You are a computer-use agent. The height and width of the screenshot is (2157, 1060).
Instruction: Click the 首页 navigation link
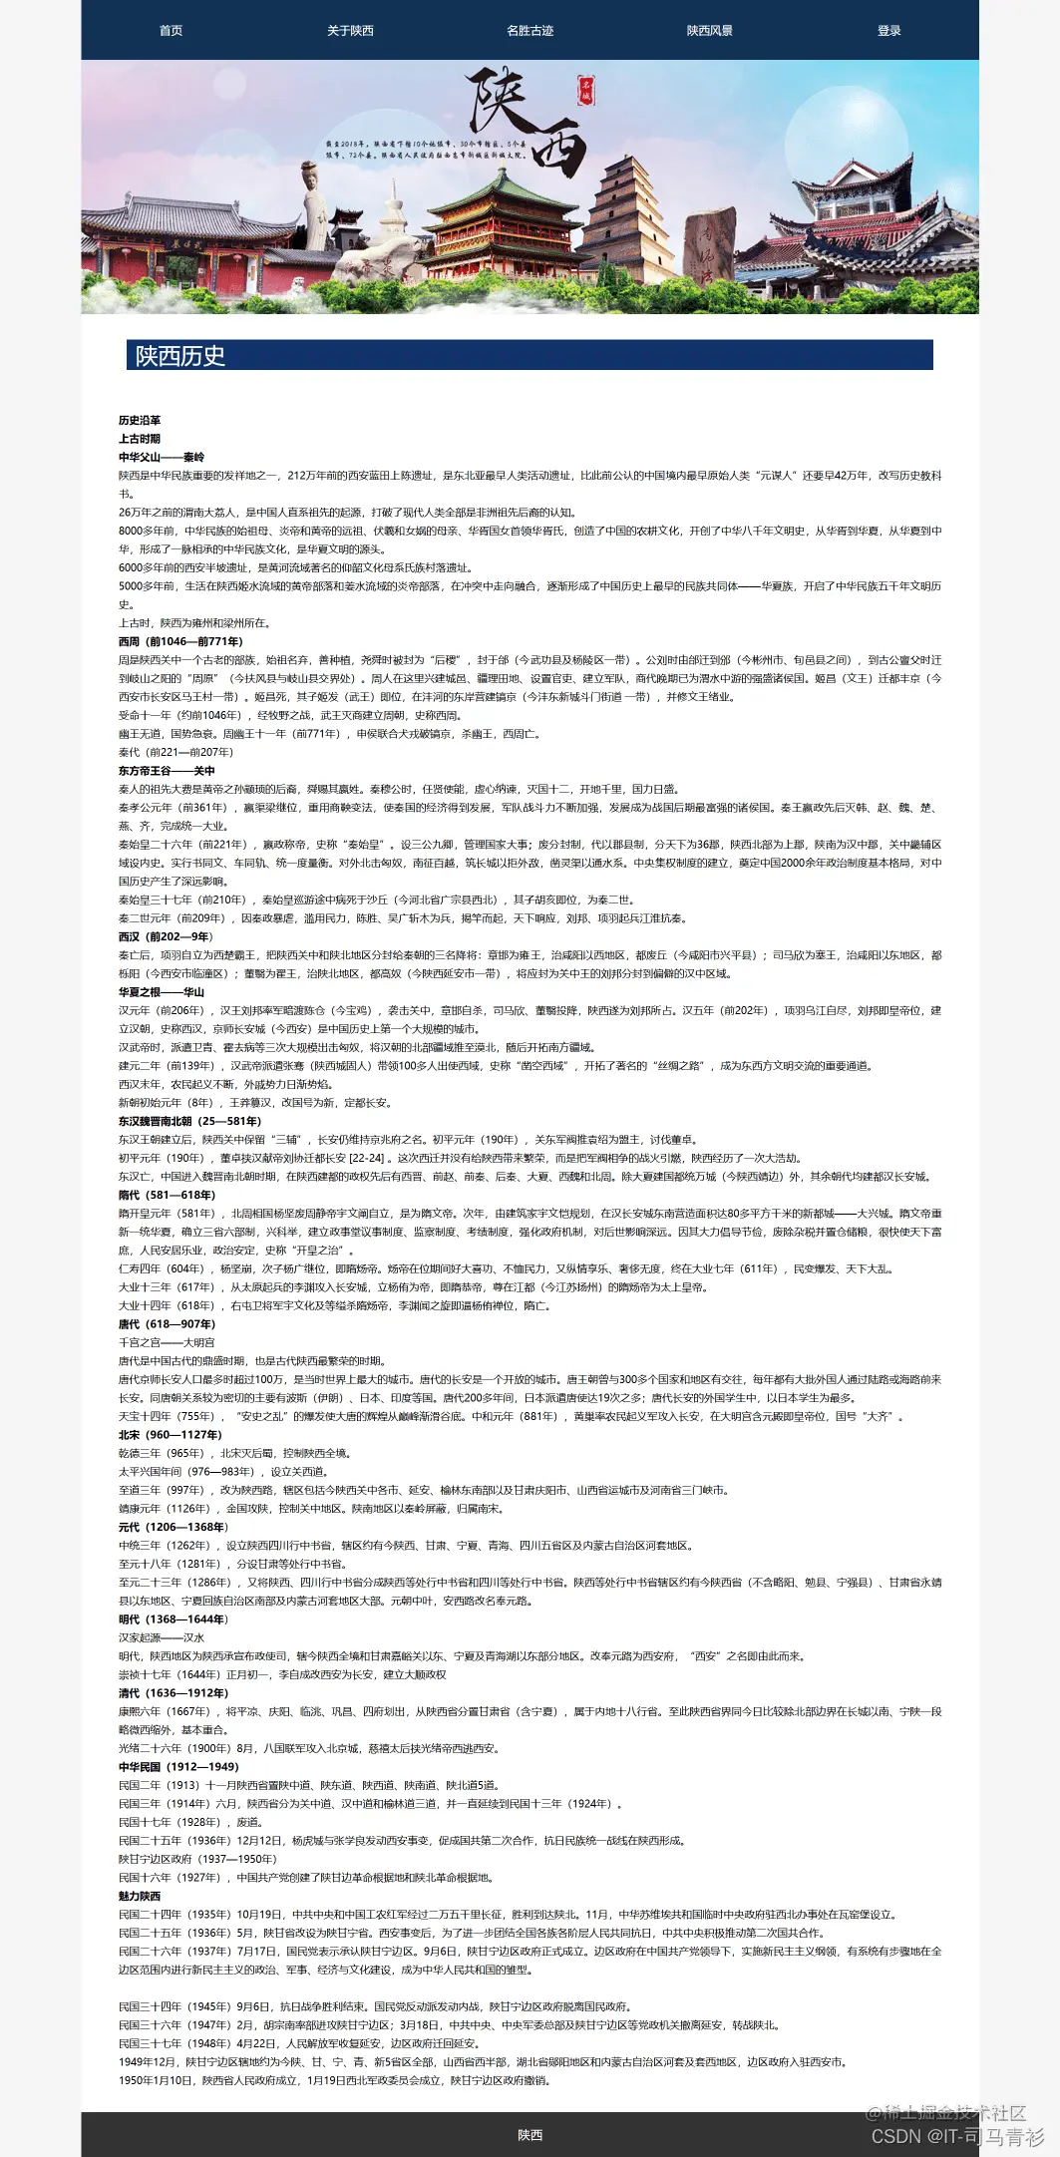[171, 31]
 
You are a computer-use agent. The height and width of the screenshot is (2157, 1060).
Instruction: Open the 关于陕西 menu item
[350, 31]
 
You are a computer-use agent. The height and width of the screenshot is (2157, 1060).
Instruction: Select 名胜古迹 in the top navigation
[530, 31]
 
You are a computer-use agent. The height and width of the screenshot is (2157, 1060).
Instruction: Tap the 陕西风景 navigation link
[709, 31]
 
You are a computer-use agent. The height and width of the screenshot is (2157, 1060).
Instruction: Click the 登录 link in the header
[888, 31]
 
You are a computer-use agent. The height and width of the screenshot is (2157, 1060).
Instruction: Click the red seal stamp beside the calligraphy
[586, 91]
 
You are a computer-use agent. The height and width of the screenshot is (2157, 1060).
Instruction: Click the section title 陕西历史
[180, 356]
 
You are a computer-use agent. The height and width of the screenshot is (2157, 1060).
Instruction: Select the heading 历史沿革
[140, 421]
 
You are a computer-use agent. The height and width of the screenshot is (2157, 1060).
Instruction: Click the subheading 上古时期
[140, 439]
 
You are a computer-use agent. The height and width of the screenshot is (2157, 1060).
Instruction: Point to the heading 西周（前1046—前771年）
[180, 642]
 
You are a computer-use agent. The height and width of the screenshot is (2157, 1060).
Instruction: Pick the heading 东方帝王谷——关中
[167, 771]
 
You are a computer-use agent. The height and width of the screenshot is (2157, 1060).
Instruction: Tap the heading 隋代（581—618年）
[167, 1195]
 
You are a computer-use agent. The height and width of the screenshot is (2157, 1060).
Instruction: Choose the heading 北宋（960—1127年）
[170, 1435]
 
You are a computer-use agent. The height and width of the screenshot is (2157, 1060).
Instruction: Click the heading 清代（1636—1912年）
[174, 1693]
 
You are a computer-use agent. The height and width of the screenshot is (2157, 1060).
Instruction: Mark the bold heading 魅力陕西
[140, 1897]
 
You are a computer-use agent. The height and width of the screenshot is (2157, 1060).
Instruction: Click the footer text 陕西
[530, 2135]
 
